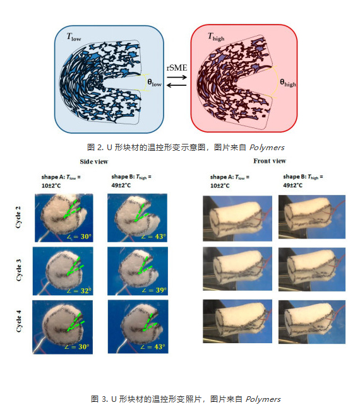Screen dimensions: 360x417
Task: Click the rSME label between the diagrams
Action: point(177,68)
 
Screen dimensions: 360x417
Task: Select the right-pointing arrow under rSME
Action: point(177,78)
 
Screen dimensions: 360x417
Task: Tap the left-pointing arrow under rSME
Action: point(176,85)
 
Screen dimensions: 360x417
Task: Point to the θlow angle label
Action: point(155,83)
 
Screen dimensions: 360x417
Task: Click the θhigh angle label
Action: point(288,83)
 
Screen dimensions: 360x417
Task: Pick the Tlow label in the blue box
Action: point(74,37)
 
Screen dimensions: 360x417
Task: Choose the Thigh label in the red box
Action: point(216,37)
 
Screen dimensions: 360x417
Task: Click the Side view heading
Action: point(94,162)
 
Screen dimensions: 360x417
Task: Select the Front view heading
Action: point(270,161)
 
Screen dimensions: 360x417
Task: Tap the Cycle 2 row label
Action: point(18,217)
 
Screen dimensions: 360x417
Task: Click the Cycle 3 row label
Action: point(19,270)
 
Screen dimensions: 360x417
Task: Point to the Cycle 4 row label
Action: point(19,321)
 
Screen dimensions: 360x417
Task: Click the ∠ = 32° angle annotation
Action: point(79,291)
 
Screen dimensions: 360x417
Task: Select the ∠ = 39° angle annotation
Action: point(155,290)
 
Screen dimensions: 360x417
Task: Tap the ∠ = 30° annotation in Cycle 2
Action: point(79,237)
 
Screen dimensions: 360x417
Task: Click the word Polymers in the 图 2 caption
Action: point(267,148)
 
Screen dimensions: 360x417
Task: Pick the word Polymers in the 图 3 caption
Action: point(263,399)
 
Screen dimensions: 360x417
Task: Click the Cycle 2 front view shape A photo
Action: point(237,218)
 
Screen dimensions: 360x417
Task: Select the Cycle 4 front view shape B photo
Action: point(312,322)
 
